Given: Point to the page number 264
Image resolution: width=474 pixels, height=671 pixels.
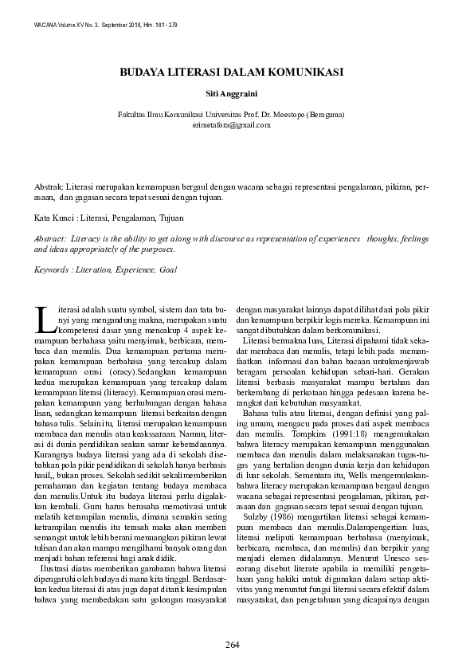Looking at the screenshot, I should (x=232, y=644).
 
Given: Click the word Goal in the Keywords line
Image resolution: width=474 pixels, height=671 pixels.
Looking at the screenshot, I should (x=167, y=270).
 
